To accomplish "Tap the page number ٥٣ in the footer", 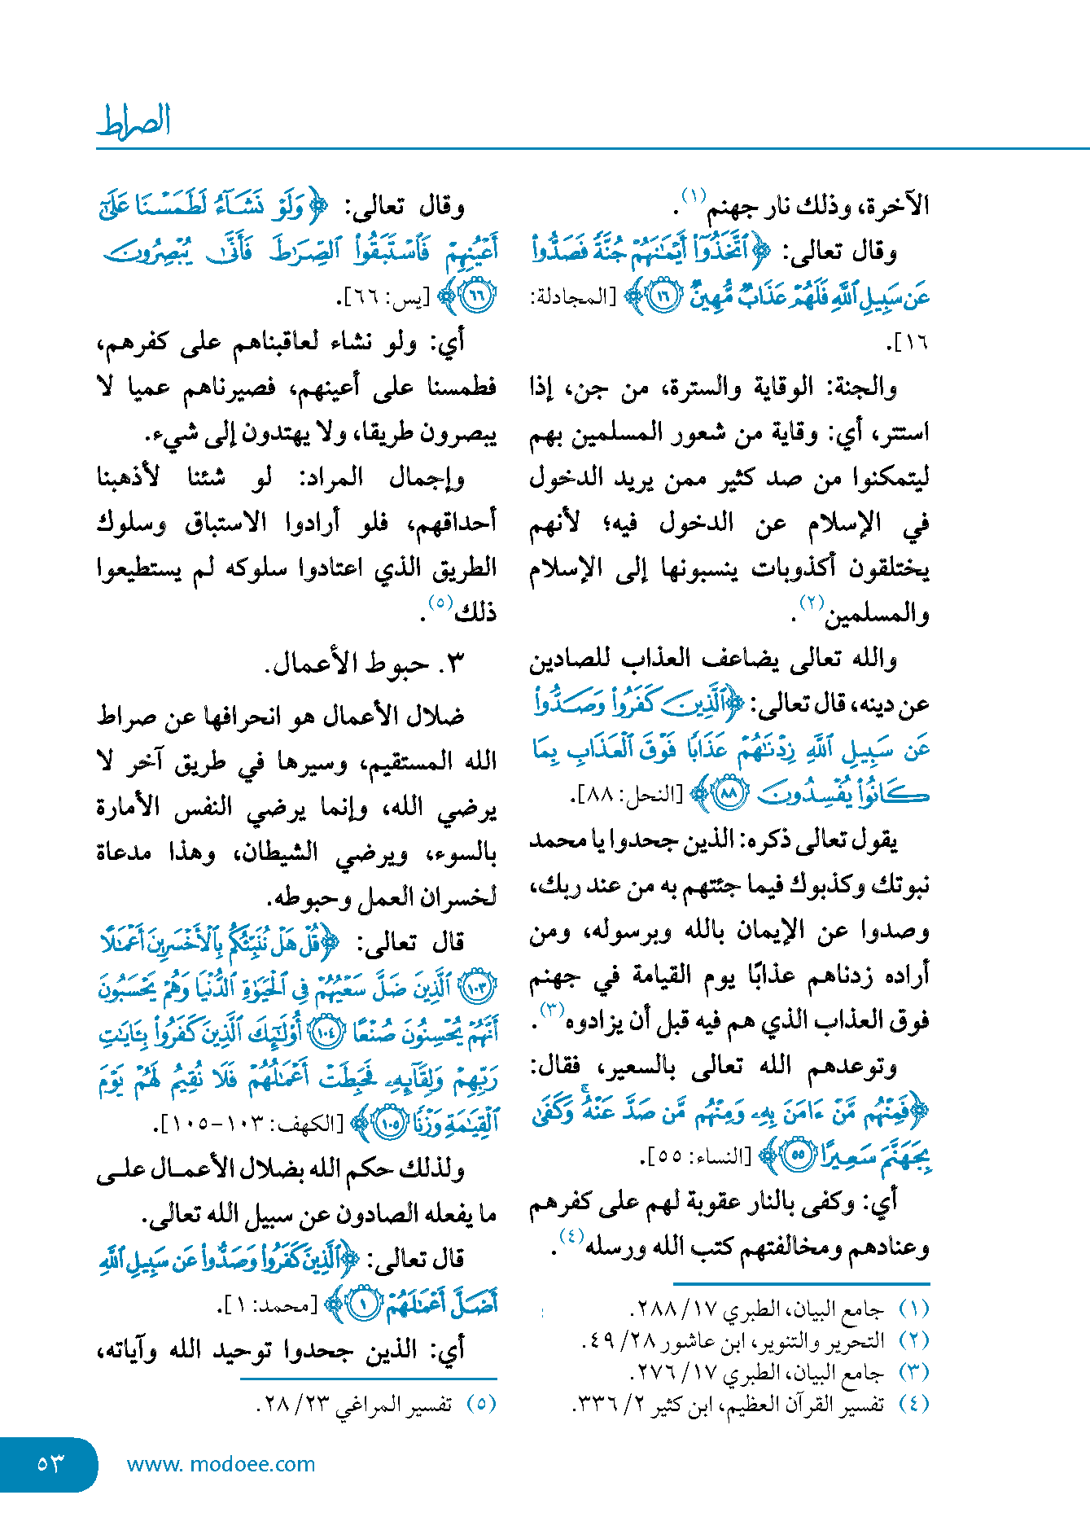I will coord(50,1463).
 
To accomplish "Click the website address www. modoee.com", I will coord(221,1463).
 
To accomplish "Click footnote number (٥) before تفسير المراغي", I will coord(481,1405).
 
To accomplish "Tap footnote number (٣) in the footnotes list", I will coord(913,1372).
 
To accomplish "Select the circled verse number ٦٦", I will coord(477,295).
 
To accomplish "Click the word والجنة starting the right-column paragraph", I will coord(864,388).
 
